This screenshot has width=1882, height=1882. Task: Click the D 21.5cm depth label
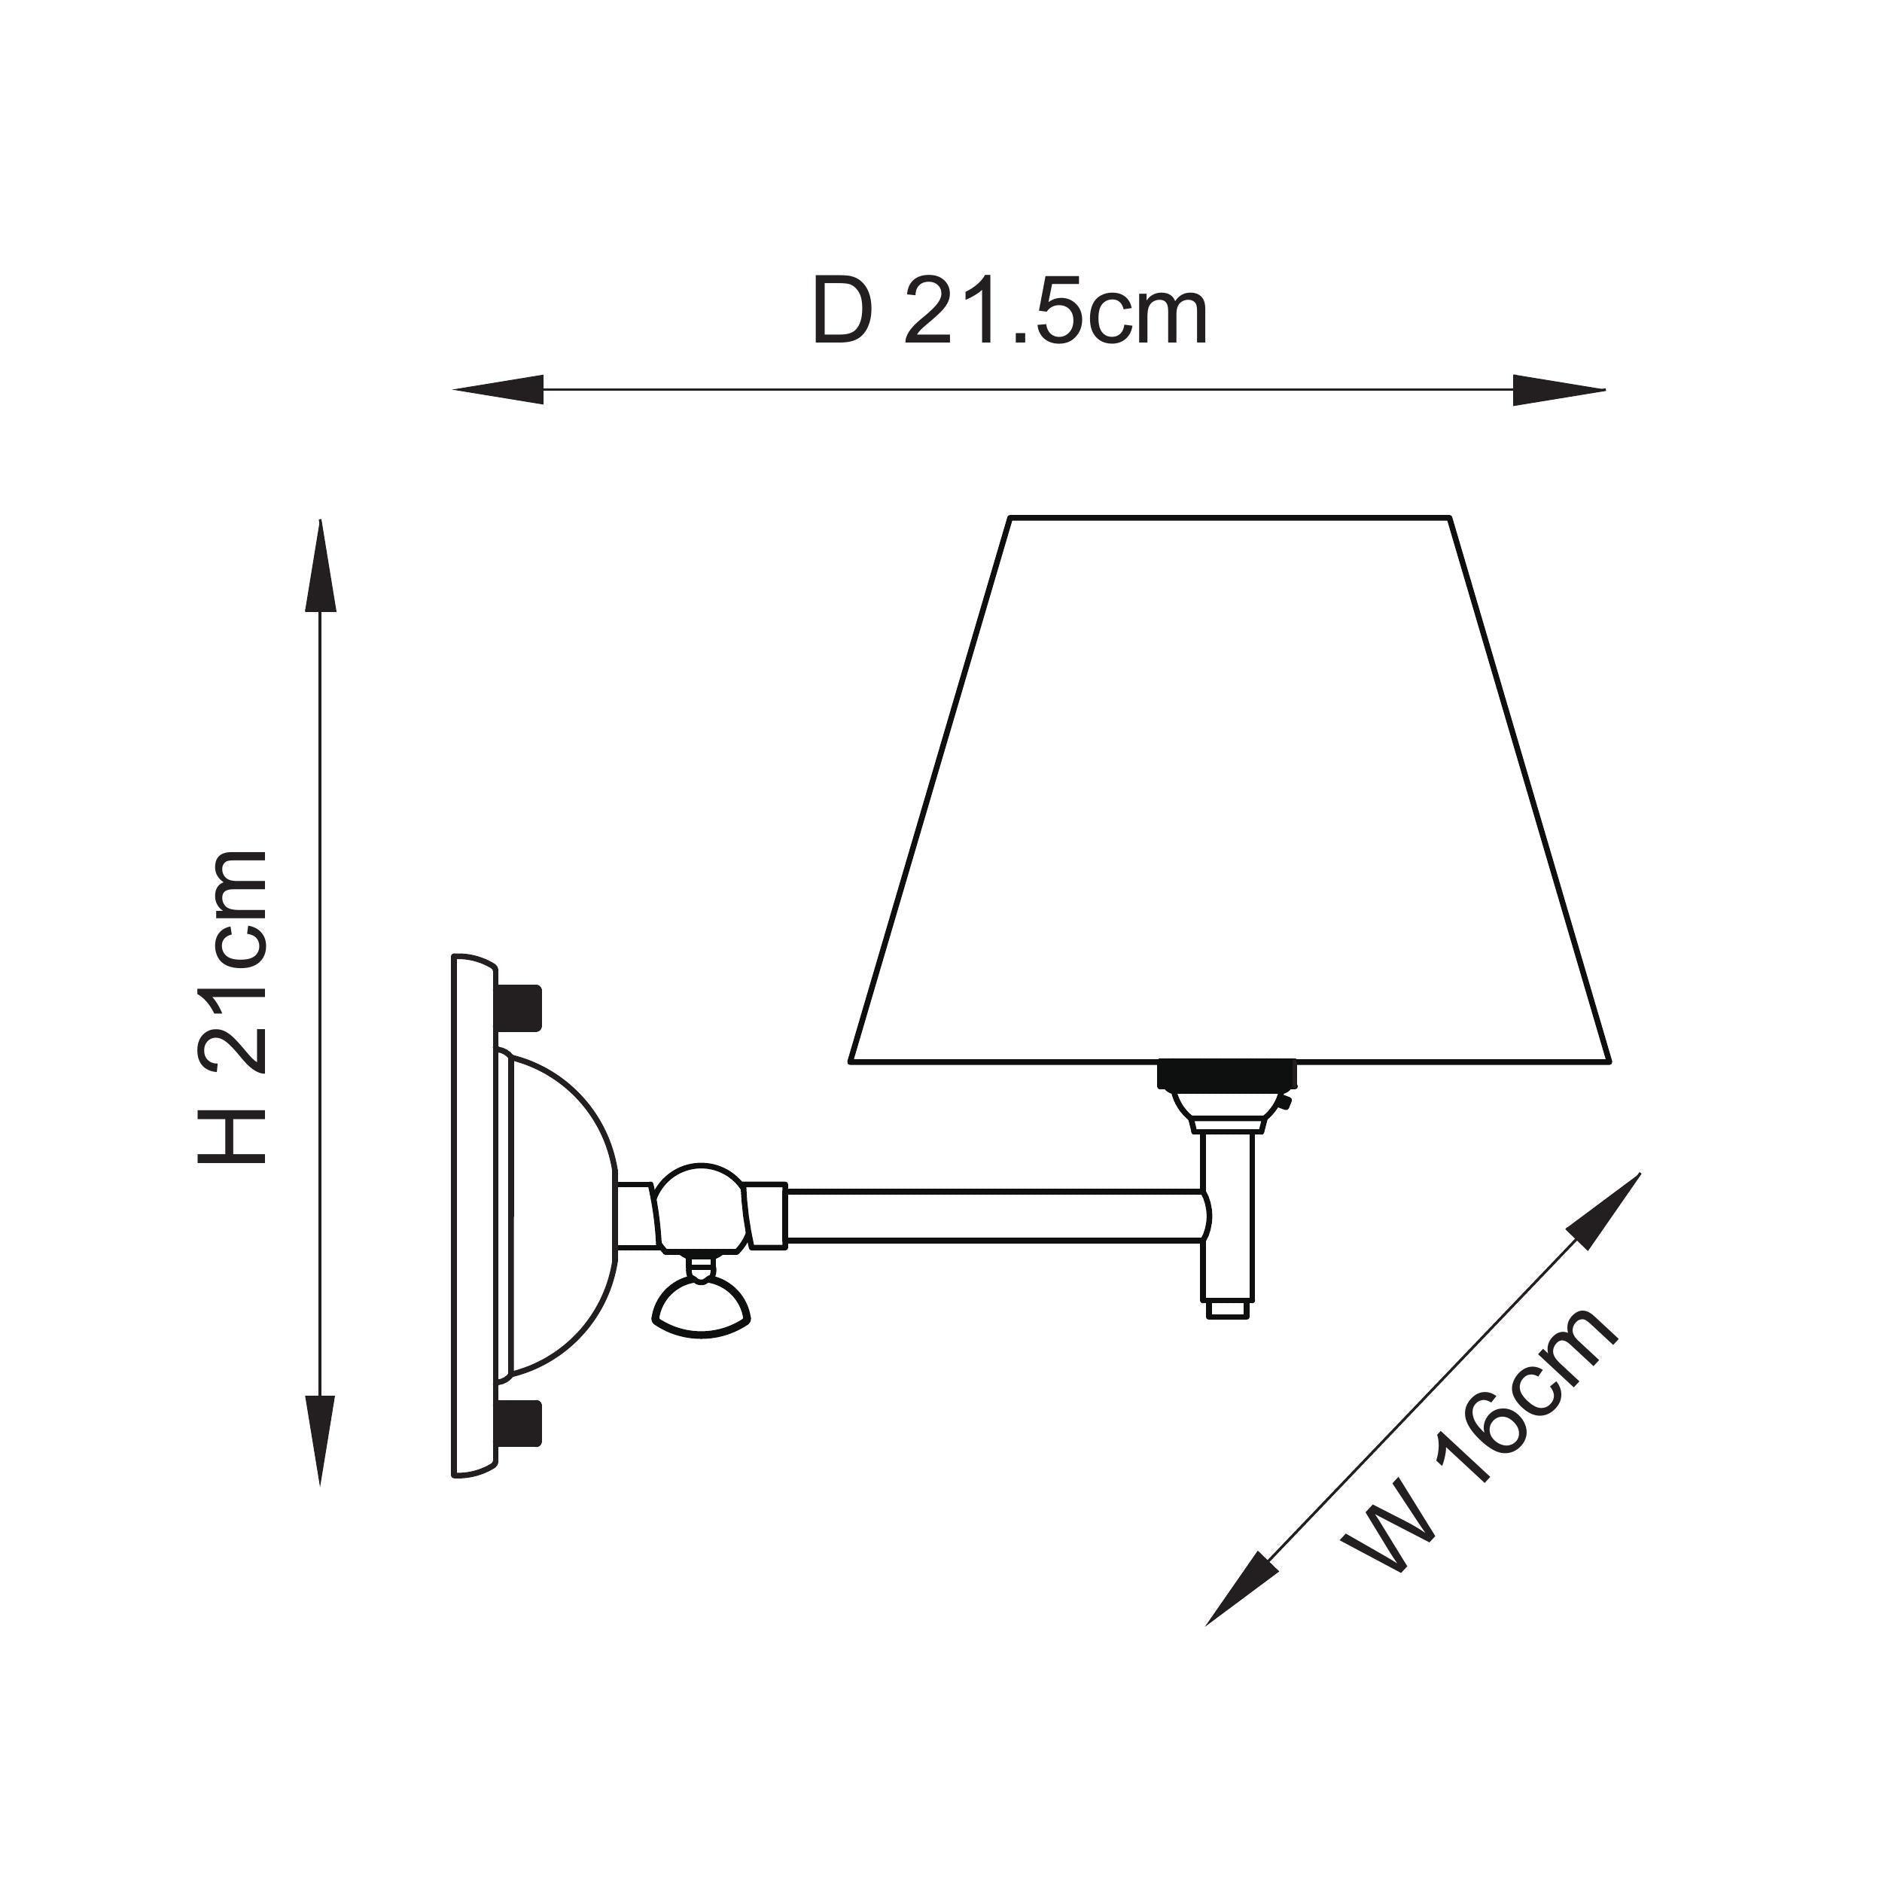pos(1010,312)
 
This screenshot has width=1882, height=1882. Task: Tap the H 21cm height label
pos(232,1007)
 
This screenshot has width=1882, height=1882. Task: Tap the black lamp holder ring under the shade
pos(1226,1074)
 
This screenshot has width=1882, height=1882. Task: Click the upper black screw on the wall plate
pos(519,1010)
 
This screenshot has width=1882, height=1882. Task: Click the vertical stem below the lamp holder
pos(1227,1217)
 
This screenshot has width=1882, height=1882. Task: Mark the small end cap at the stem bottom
pos(1227,1309)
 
